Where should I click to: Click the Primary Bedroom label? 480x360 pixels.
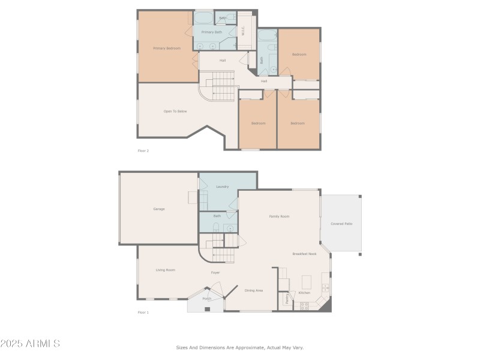167,48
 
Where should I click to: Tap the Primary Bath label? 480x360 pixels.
211,32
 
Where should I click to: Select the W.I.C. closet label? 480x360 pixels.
244,31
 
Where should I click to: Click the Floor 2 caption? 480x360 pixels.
143,151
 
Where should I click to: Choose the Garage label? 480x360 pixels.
159,209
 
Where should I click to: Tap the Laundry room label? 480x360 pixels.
222,187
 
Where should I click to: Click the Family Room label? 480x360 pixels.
279,216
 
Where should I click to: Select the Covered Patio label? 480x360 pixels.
341,223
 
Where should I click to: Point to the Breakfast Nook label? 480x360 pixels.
304,254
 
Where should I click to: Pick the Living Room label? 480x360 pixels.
166,270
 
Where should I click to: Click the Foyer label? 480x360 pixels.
215,273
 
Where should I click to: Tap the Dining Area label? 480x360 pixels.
254,290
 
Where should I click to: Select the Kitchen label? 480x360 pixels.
304,293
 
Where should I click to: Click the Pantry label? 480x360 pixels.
287,298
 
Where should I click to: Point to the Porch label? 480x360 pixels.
206,298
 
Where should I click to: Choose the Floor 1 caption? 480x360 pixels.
143,312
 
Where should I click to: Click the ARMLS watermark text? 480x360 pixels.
30,344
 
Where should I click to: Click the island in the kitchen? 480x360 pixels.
307,281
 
